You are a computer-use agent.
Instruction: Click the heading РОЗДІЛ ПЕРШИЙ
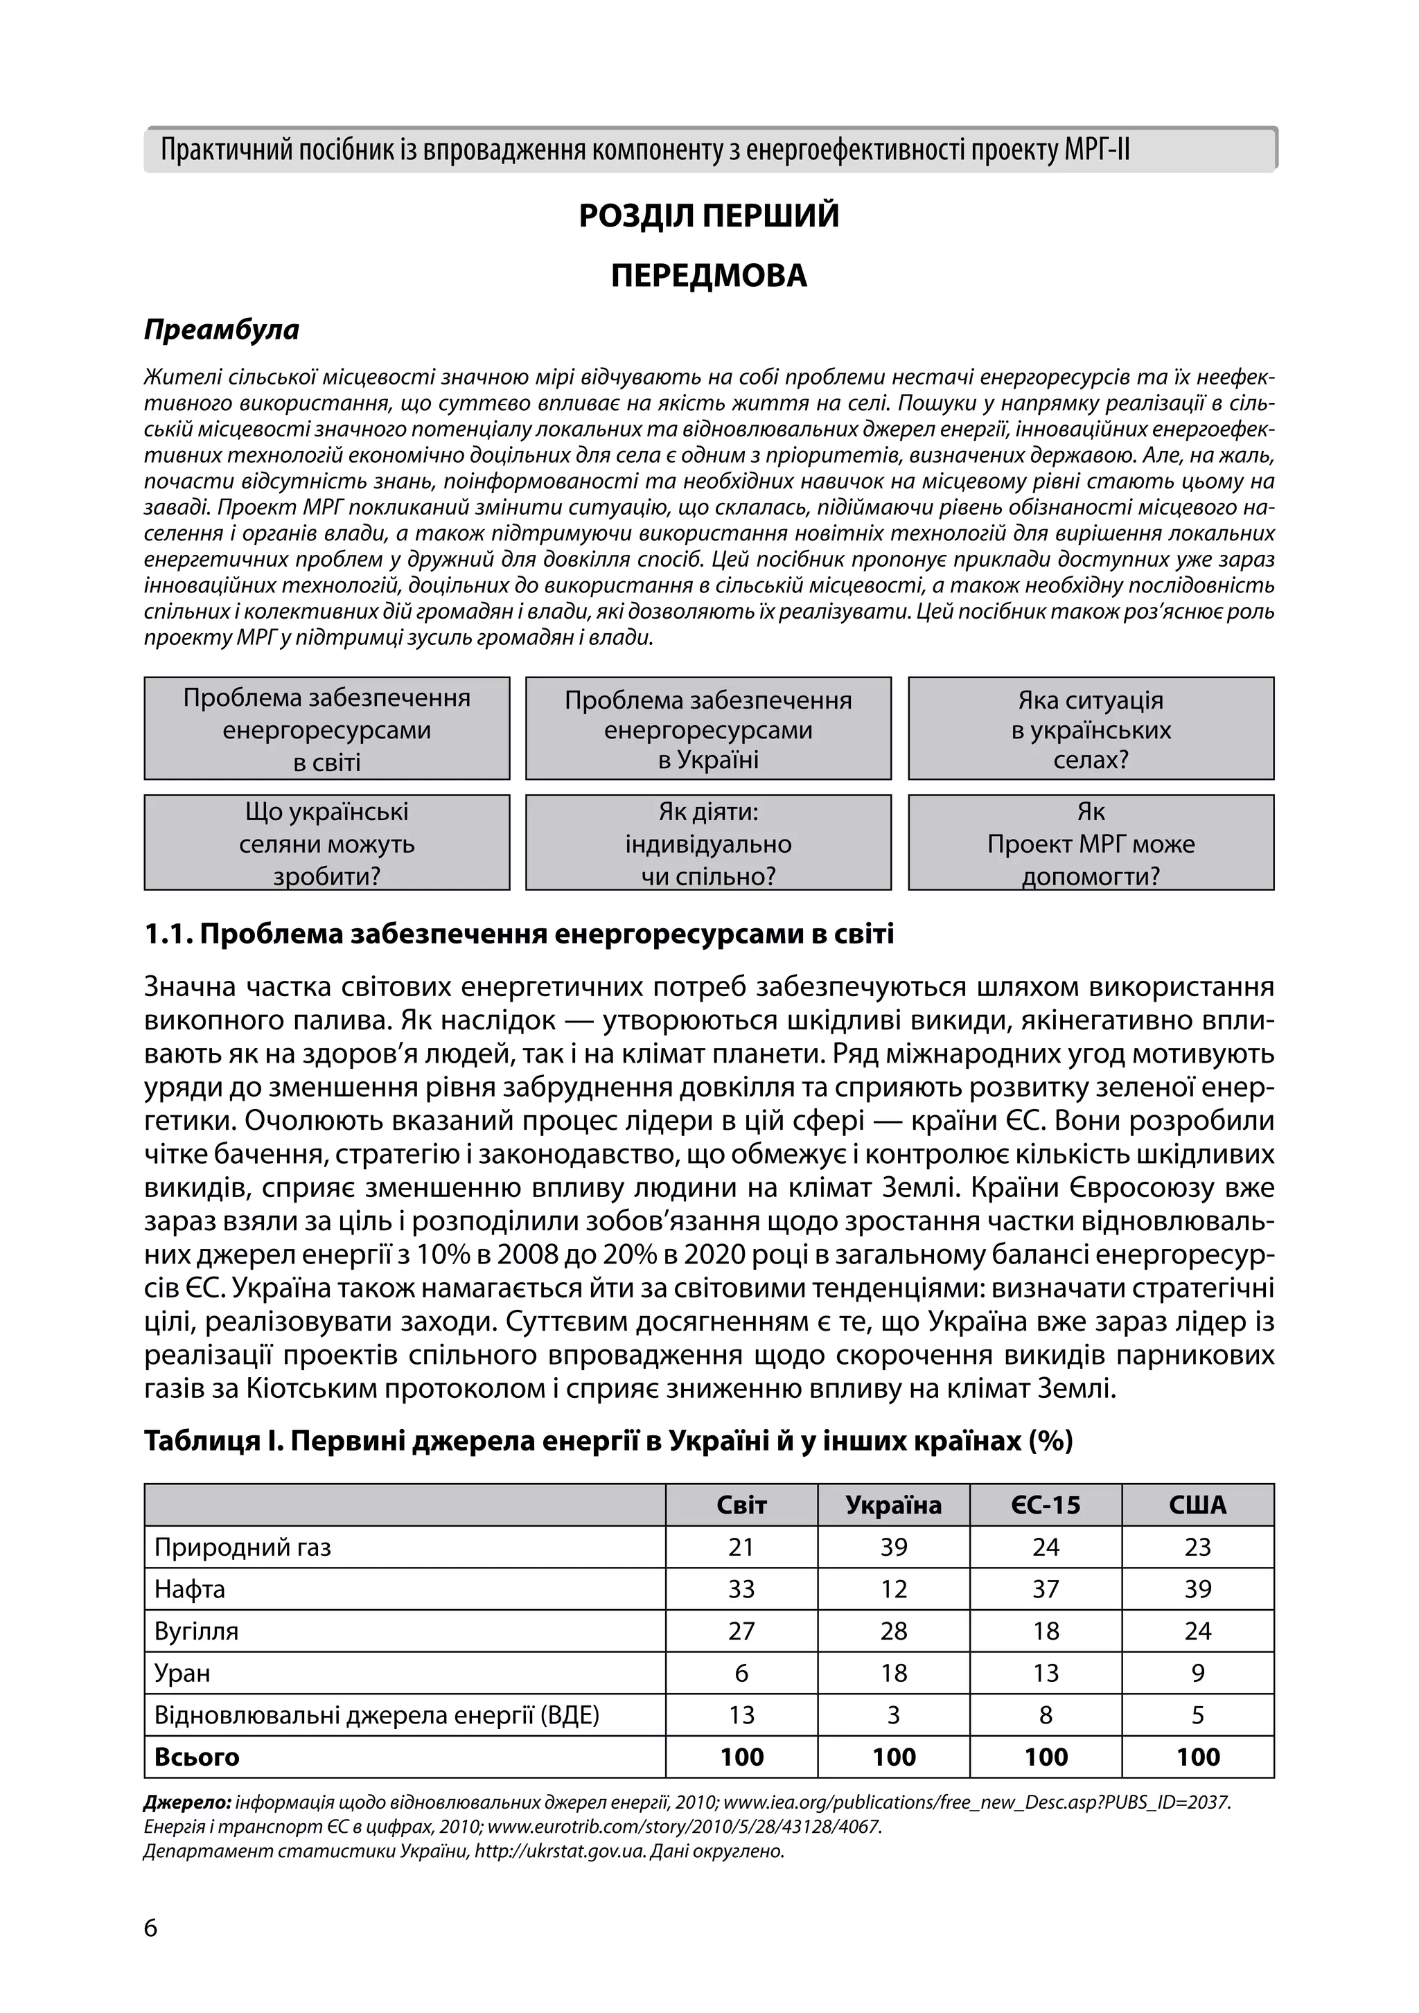coord(709,215)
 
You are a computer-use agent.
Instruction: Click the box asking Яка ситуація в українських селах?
coord(1090,729)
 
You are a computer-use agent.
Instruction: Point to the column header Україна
coord(893,1505)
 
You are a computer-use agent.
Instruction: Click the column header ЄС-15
coord(1046,1505)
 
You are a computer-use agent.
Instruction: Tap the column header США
coord(1197,1505)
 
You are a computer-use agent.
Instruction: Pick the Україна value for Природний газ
coord(893,1548)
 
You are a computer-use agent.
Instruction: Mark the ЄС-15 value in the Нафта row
coord(1046,1590)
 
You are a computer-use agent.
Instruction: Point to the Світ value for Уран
coord(741,1674)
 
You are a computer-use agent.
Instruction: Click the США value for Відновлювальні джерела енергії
coord(1197,1715)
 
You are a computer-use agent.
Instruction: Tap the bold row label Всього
coord(197,1757)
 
